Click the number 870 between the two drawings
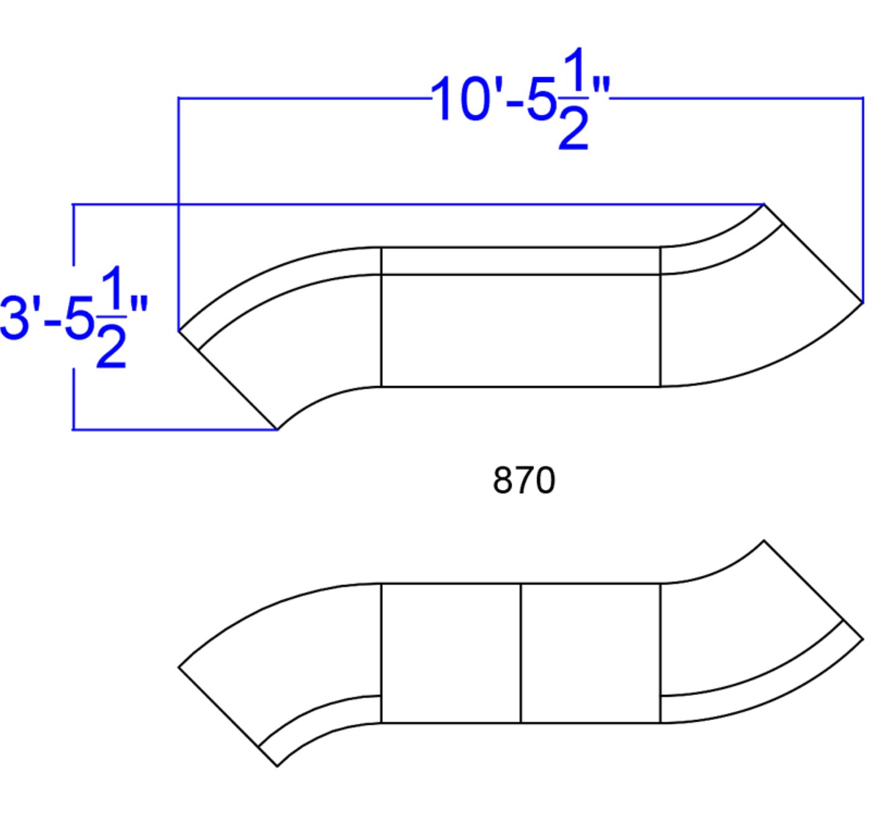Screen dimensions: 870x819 click(524, 481)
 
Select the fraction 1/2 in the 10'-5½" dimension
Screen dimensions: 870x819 click(574, 98)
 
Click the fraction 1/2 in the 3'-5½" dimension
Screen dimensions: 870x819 click(111, 316)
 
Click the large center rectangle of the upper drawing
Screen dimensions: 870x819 click(520, 331)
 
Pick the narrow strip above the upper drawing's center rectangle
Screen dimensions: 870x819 click(520, 261)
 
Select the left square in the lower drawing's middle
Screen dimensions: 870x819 click(451, 653)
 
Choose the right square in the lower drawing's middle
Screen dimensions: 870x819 click(590, 653)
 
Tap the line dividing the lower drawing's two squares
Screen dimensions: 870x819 click(521, 653)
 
